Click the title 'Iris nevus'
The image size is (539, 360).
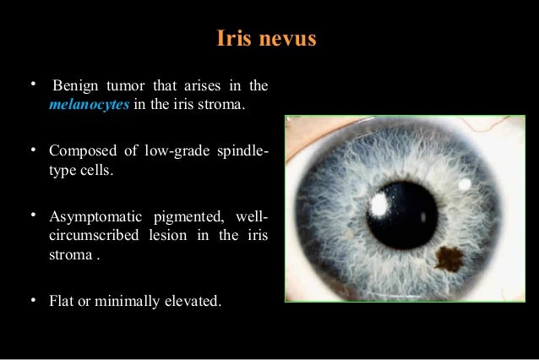click(267, 39)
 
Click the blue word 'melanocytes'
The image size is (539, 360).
click(88, 105)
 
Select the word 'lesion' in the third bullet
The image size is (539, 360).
click(176, 236)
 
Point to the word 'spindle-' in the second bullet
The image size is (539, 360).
click(244, 151)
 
